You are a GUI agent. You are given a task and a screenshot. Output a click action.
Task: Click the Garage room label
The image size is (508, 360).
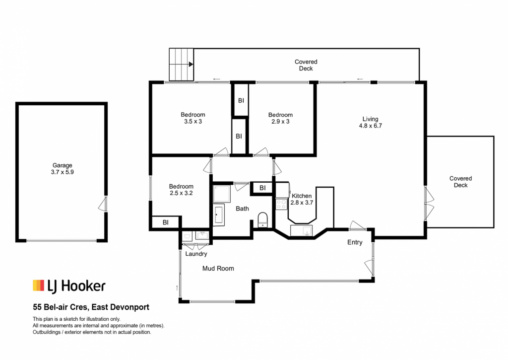tap(62, 165)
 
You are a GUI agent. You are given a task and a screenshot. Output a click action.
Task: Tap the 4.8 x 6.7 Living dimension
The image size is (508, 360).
tap(370, 126)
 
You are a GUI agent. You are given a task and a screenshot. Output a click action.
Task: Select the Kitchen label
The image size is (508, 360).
tap(302, 196)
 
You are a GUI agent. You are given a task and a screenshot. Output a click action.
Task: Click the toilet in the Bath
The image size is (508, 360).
tap(263, 220)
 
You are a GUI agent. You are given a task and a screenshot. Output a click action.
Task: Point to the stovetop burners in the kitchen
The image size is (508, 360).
tap(281, 204)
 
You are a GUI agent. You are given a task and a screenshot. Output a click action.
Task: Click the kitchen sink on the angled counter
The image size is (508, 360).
tap(301, 230)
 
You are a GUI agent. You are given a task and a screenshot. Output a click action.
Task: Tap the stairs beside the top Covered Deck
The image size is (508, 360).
tap(181, 64)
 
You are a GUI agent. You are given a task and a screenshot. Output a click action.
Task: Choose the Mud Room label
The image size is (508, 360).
tap(218, 269)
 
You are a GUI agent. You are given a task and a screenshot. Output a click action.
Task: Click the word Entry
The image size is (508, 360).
tap(355, 242)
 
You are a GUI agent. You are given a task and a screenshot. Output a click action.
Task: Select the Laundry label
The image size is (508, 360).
tap(196, 254)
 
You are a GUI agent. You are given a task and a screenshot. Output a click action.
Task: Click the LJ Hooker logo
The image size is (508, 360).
tap(69, 286)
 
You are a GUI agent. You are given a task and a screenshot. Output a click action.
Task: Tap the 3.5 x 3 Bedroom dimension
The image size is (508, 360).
tap(193, 122)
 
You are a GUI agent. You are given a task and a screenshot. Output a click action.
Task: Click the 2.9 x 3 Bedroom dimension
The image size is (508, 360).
tap(281, 122)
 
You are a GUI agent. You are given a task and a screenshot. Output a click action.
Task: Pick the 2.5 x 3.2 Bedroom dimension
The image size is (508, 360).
tap(181, 193)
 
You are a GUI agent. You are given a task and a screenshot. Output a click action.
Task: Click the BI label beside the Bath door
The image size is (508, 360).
tap(262, 188)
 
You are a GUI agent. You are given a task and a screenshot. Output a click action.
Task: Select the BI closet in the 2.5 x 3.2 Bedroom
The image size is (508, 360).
tap(166, 222)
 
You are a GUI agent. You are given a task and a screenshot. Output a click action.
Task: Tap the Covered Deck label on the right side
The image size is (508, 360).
tap(460, 182)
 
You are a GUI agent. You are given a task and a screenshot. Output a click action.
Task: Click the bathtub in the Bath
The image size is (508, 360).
tap(219, 215)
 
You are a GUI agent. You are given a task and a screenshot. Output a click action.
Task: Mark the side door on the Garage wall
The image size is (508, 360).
tap(103, 204)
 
